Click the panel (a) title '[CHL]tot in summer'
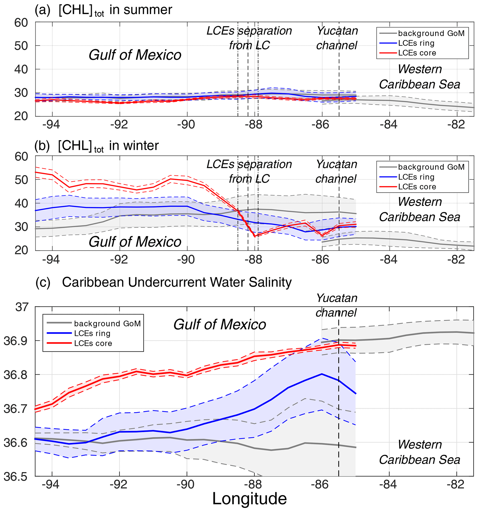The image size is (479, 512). pyautogui.click(x=115, y=10)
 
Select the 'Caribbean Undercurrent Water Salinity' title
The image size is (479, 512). pyautogui.click(x=177, y=282)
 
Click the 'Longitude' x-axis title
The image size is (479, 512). pyautogui.click(x=249, y=499)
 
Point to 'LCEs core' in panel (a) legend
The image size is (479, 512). pyautogui.click(x=417, y=53)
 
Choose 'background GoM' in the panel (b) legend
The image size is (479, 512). pyautogui.click(x=431, y=167)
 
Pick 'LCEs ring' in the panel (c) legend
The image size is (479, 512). pyautogui.click(x=92, y=333)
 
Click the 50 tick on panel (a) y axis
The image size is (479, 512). pyautogui.click(x=21, y=46)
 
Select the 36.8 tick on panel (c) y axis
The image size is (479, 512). pyautogui.click(x=16, y=375)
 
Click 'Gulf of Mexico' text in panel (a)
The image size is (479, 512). pyautogui.click(x=135, y=55)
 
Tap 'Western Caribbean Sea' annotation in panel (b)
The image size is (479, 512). pyautogui.click(x=419, y=209)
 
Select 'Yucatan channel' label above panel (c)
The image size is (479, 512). pyautogui.click(x=336, y=305)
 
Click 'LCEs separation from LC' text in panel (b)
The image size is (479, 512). pyautogui.click(x=249, y=172)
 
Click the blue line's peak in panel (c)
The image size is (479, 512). pyautogui.click(x=322, y=374)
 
